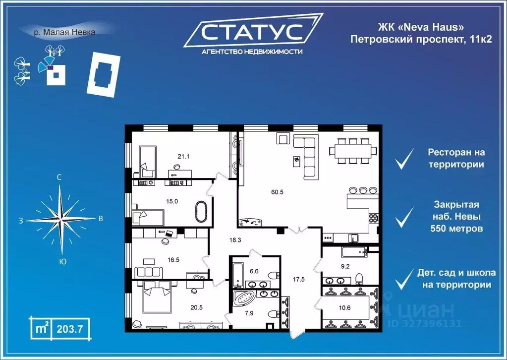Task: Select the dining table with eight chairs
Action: [x=352, y=151]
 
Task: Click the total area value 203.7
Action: [x=69, y=328]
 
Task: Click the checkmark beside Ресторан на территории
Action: [x=404, y=160]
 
